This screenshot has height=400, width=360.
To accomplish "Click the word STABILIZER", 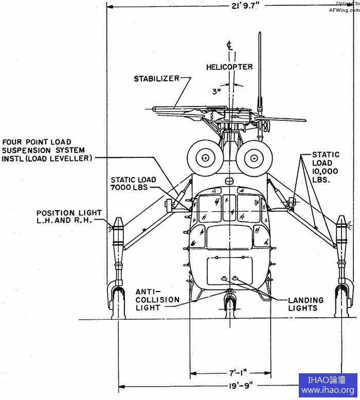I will coord(157,79).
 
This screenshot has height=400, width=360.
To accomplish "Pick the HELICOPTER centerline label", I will coord(229,67).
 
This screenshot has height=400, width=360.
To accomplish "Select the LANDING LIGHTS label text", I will coord(307,304).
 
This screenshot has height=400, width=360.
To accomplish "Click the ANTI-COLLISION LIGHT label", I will coord(157,299).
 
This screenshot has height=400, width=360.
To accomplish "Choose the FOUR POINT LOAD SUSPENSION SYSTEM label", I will coord(47,150).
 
